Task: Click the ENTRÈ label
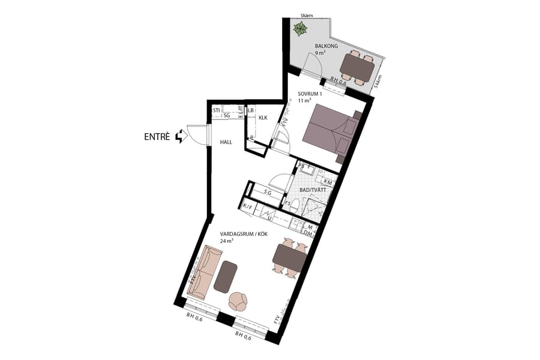coord(157,137)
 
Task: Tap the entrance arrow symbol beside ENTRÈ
coord(179,137)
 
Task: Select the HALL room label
coord(226,142)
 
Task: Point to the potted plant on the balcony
coord(299,28)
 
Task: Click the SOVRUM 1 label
coord(310,94)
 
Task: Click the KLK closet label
coord(262,118)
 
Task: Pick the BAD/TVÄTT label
coord(313,190)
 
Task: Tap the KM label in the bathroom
coord(328,181)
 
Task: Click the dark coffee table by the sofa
coord(226,277)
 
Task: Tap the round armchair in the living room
coord(239,301)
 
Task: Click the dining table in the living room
coord(290,259)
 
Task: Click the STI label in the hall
coord(217,110)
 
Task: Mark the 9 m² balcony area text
coord(320,53)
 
